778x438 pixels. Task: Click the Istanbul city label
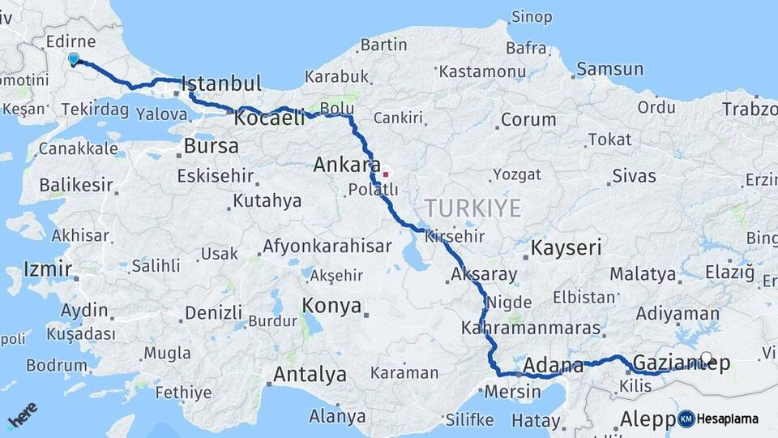click(221, 84)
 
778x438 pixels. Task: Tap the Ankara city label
click(341, 165)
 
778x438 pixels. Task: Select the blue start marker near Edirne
click(74, 59)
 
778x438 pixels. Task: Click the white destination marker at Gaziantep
click(707, 358)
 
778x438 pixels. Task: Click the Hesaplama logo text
click(727, 419)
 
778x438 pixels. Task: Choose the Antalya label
click(310, 375)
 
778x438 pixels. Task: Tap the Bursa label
click(211, 147)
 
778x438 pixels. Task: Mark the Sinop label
click(532, 16)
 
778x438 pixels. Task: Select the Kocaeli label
click(269, 118)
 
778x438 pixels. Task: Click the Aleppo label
click(648, 419)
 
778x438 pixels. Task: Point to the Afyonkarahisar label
click(327, 246)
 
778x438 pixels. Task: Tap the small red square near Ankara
click(386, 174)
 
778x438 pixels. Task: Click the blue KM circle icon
click(686, 419)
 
